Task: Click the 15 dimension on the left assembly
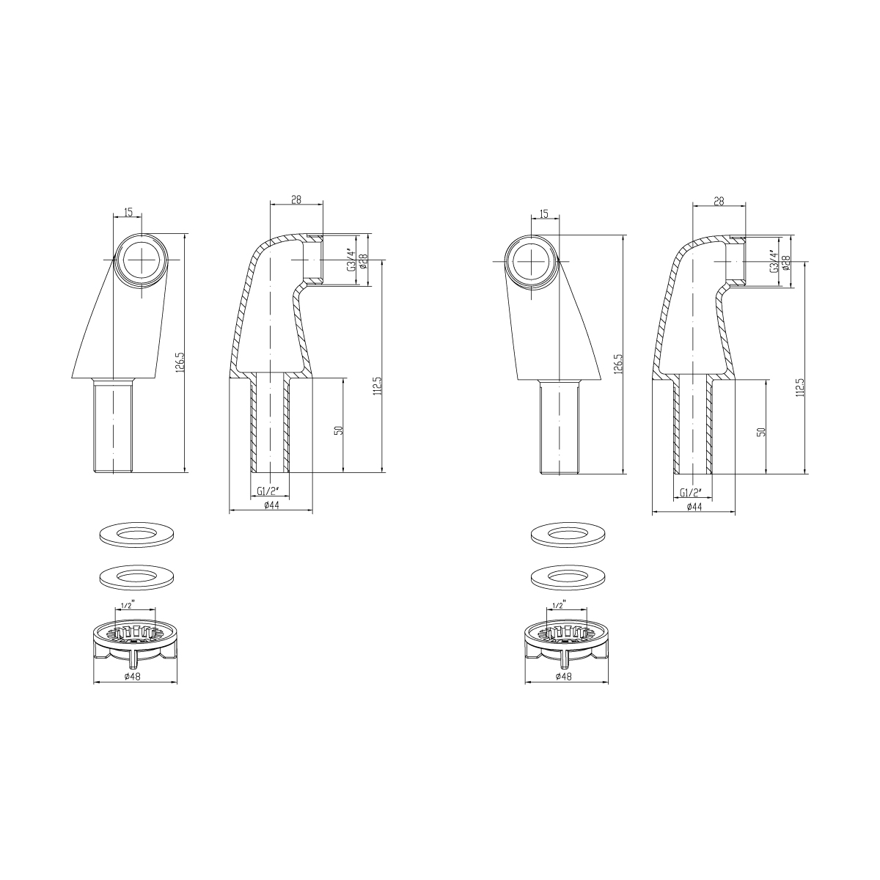pyautogui.click(x=128, y=213)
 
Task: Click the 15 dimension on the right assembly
pyautogui.click(x=543, y=213)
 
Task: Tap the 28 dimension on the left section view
pyautogui.click(x=296, y=200)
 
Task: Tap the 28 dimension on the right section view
pyautogui.click(x=719, y=200)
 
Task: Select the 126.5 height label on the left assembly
pyautogui.click(x=179, y=363)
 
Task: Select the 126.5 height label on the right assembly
pyautogui.click(x=618, y=364)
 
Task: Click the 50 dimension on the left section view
pyautogui.click(x=338, y=429)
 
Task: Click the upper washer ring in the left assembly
pyautogui.click(x=137, y=534)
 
